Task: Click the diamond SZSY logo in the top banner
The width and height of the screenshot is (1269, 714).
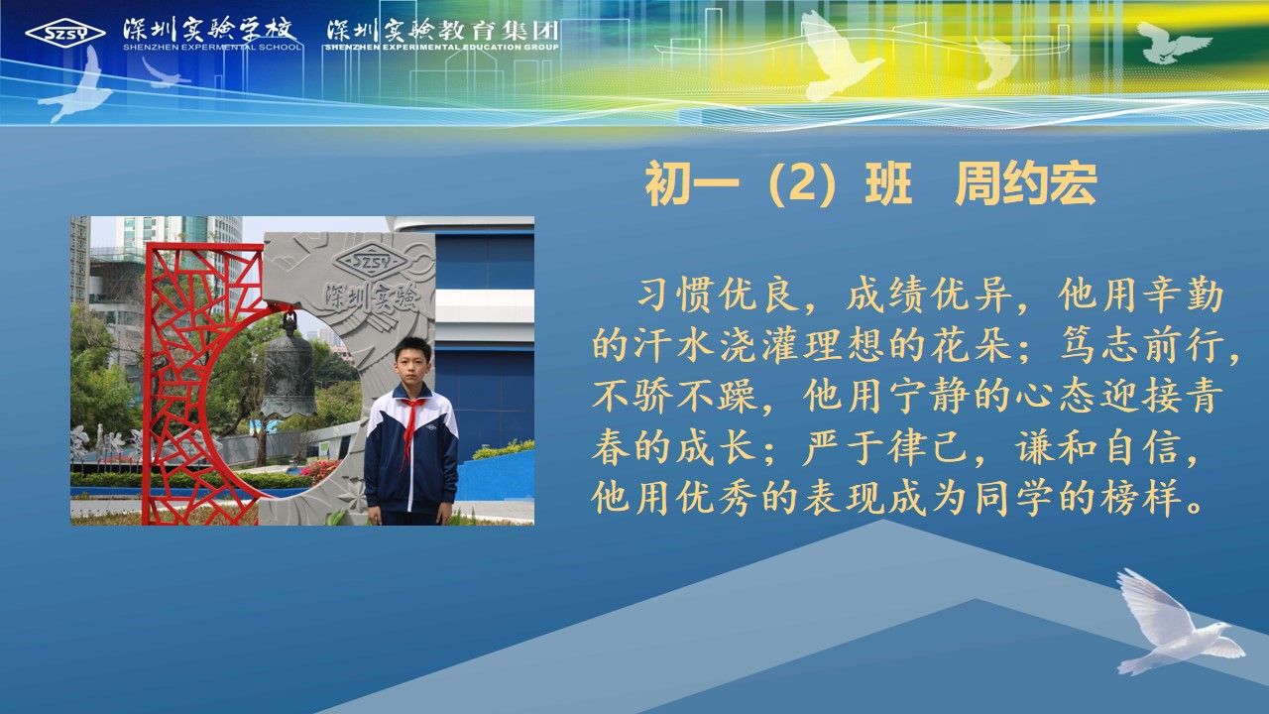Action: [65, 34]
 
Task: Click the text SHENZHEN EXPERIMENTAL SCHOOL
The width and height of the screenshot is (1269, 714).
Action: [212, 47]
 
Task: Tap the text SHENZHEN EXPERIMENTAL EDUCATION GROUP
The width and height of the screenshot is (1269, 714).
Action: [442, 47]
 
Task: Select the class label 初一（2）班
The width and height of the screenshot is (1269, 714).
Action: [779, 184]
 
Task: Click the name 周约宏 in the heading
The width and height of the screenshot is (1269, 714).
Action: [1026, 184]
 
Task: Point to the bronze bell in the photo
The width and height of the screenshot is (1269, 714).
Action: [288, 368]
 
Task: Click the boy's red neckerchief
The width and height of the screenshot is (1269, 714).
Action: [411, 427]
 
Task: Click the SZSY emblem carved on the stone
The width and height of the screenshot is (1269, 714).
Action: [371, 261]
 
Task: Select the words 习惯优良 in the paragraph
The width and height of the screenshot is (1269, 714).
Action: [719, 295]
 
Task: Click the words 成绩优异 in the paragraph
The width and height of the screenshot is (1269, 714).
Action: [929, 295]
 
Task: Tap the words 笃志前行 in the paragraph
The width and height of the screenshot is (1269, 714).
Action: [1141, 345]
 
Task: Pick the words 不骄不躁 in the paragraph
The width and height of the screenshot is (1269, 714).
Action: [674, 395]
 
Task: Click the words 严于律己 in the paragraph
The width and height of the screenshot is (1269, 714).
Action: [885, 446]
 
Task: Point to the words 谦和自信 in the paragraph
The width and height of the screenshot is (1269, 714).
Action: [1096, 446]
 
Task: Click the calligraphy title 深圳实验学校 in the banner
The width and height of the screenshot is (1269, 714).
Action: [209, 29]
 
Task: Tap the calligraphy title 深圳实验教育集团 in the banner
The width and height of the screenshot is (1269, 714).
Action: [442, 30]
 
